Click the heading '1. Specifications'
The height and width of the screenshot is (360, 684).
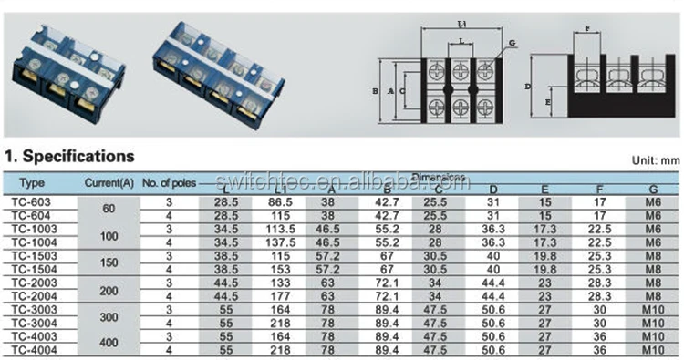69,156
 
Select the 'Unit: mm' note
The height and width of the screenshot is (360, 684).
656,160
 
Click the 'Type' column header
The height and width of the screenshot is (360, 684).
32,181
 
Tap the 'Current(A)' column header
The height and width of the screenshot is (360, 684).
109,181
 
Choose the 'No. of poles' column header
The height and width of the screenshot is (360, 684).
169,181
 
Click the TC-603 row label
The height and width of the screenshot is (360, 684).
32,200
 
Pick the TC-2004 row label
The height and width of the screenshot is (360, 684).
33,296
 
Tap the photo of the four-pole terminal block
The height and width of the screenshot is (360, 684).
219,73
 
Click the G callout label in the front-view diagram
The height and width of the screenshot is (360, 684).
513,43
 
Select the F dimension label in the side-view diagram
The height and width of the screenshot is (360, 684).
587,28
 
